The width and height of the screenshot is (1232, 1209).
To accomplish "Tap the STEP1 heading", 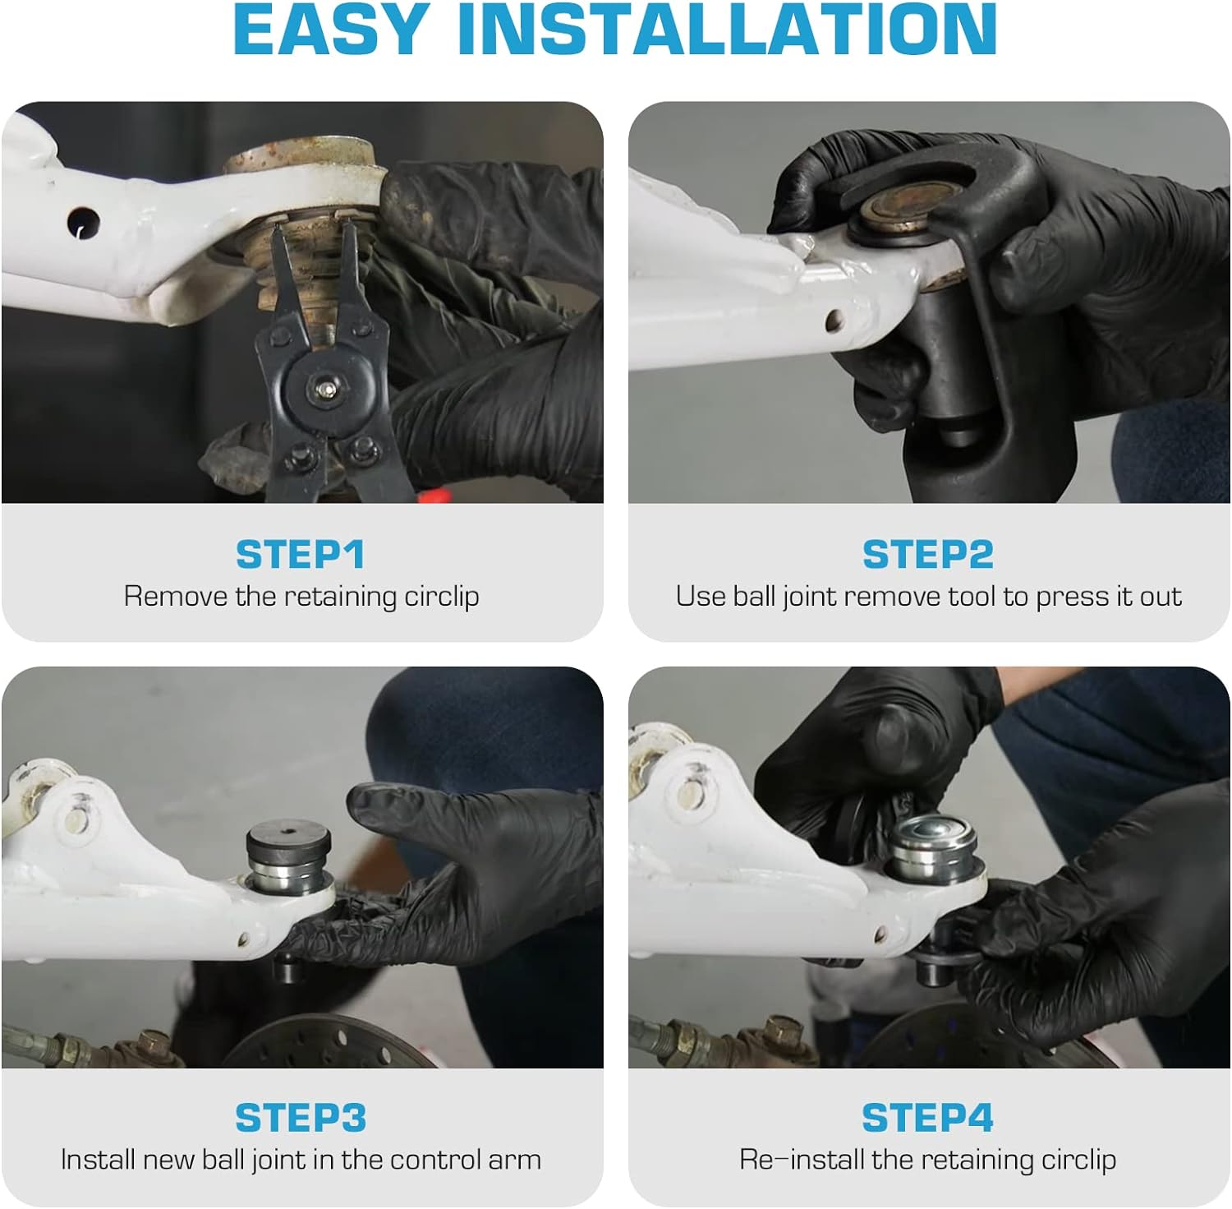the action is click(300, 555).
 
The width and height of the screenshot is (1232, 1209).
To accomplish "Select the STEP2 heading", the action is click(928, 555).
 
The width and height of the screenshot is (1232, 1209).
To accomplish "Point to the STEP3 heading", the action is click(301, 1119).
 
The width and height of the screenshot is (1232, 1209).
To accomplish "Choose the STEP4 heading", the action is click(928, 1119).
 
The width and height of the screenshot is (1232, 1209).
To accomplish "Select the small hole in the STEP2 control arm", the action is click(835, 321).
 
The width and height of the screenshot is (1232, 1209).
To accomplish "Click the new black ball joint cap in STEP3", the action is click(289, 842).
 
